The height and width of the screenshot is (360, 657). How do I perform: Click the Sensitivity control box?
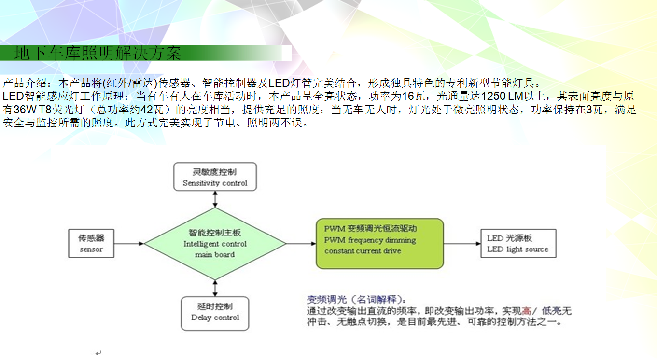point(215,177)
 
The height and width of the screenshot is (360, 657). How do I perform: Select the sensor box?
point(91,243)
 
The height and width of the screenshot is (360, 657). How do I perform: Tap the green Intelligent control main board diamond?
point(215,244)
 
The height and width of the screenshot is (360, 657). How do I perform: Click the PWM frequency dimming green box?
point(380,244)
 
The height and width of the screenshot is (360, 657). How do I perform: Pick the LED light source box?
point(518,243)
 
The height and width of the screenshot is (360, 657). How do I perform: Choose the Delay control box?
point(215,314)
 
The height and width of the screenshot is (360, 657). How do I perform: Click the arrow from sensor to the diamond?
point(129,244)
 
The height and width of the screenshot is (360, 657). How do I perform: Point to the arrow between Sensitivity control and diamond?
point(215,199)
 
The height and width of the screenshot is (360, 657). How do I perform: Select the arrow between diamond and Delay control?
point(215,289)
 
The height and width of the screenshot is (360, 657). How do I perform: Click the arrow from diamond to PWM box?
point(301,244)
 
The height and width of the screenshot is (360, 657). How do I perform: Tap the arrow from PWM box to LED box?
point(462,244)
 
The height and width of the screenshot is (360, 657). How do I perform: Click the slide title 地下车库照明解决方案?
point(98,53)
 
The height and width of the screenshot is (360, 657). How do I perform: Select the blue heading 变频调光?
point(327,300)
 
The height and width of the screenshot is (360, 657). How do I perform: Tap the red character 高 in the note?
point(527,311)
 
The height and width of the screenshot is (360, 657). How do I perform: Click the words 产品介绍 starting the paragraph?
point(25,83)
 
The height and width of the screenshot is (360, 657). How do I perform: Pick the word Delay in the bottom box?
point(201,318)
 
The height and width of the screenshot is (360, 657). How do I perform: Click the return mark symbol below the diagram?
point(98,352)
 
